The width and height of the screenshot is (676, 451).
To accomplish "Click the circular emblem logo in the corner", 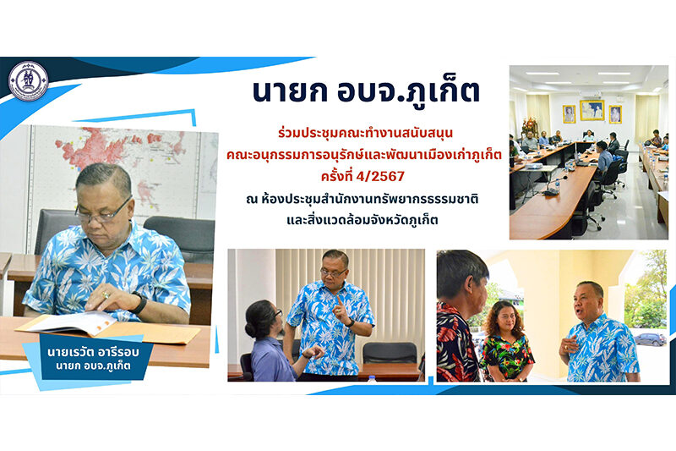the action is tap(29, 80).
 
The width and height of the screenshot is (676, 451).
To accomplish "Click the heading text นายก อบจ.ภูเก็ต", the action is tap(366, 91).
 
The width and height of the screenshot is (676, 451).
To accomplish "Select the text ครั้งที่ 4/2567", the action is tap(363, 176).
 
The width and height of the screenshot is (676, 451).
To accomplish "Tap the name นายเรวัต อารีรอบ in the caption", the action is tap(93, 352).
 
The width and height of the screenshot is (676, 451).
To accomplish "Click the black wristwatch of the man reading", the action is tap(139, 303).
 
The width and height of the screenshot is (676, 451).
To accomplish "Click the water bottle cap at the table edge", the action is tap(372, 378).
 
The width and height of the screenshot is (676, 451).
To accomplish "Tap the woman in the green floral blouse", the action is tap(506, 341).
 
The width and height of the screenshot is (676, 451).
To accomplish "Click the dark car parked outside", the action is tap(650, 338).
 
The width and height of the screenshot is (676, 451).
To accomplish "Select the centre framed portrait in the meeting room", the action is tap(591, 110).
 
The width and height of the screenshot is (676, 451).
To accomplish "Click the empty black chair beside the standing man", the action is tap(390, 353).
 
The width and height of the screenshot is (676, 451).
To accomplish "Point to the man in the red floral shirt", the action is tap(459, 317).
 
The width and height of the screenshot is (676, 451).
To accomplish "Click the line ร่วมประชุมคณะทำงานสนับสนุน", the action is tap(365, 133).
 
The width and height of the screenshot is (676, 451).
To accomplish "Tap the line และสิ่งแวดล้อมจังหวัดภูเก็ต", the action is tap(363, 220).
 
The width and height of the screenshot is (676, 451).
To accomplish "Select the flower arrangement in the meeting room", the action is tap(530, 125).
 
